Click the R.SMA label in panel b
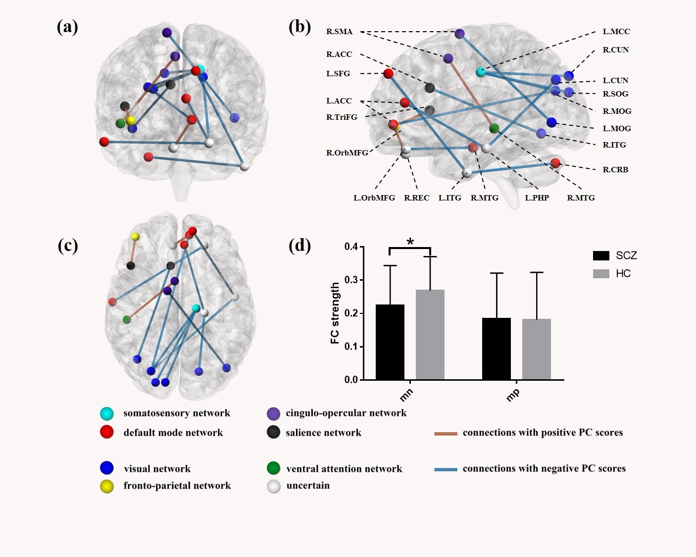point(339,32)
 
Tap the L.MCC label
point(616,32)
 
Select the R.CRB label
point(615,169)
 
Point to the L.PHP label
point(537,198)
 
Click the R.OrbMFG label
point(347,152)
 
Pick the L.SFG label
point(338,73)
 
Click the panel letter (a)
point(67,27)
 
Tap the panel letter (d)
point(299,246)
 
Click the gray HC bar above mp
point(536,349)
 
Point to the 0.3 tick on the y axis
point(351,280)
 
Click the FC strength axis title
point(335,313)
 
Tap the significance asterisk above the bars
point(410,242)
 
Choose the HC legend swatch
point(601,273)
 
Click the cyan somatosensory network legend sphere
point(107,413)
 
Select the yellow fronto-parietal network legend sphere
point(107,486)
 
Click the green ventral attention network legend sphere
point(273,468)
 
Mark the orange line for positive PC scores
point(445,433)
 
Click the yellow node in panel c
point(135,237)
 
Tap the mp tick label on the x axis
point(513,394)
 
